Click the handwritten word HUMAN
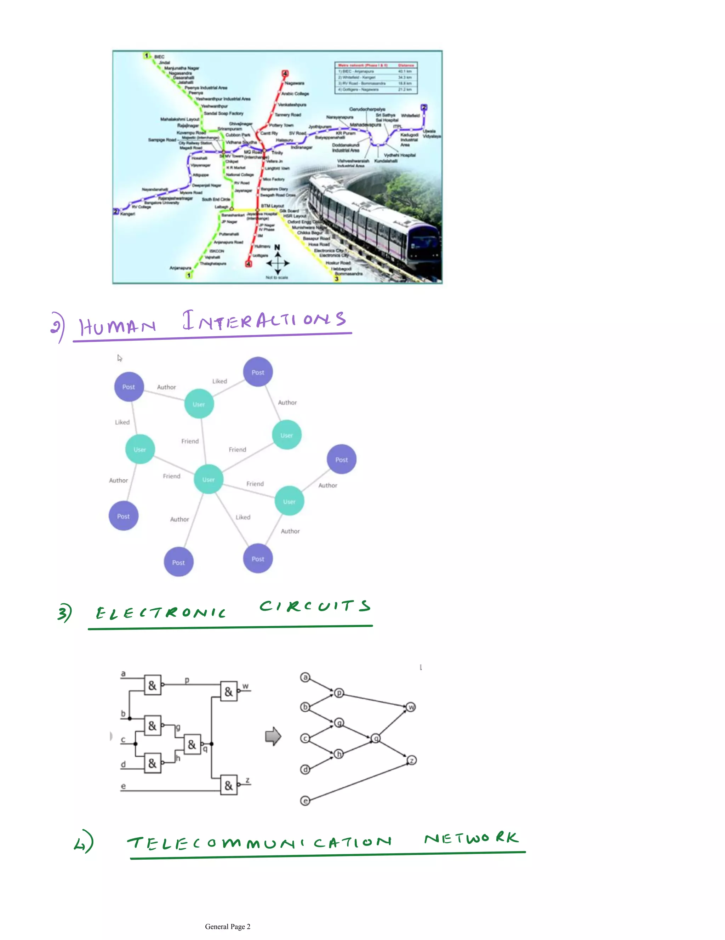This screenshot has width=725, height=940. click(117, 326)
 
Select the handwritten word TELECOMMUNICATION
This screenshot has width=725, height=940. click(259, 842)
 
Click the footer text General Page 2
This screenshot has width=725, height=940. click(228, 927)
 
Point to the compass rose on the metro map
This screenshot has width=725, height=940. click(278, 262)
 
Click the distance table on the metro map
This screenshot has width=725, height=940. click(376, 78)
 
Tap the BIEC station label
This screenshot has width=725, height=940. click(159, 57)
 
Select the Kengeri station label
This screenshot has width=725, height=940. click(128, 214)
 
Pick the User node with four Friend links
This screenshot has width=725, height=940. click(208, 479)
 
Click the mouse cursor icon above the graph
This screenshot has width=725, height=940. click(120, 358)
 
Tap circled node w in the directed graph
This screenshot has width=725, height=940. click(411, 707)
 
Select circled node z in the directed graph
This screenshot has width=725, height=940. click(412, 760)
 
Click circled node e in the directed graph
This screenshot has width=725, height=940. click(305, 801)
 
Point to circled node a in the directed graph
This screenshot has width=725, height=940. click(305, 677)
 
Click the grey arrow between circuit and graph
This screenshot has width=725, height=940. click(273, 736)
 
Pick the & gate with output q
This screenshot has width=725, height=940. click(192, 745)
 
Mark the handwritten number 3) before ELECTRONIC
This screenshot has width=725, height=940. click(64, 613)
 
